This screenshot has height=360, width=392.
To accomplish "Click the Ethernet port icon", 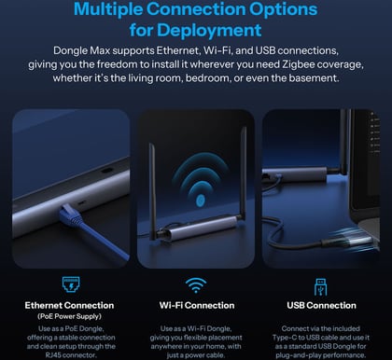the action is tap(71, 284).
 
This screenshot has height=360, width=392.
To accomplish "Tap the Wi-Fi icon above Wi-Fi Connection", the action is tap(196, 285).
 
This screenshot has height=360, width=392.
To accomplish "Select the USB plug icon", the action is tap(321, 286).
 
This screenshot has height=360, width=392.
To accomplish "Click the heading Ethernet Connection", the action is tap(69, 305).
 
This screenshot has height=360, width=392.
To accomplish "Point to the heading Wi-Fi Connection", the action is tap(197, 305).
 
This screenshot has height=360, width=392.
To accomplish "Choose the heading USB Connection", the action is tap(321, 305).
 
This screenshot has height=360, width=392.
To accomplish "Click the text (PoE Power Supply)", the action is tap(69, 316).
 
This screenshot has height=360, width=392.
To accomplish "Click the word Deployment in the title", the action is tap(209, 31).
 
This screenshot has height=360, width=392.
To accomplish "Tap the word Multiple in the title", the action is tap(107, 9).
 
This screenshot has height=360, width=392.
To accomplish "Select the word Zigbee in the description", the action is tap(299, 64).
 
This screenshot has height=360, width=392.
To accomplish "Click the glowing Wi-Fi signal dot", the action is tap(201, 201).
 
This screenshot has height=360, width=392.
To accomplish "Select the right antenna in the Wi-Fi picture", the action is tap(243, 173).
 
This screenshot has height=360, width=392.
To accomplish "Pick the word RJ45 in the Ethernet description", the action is tap(53, 354).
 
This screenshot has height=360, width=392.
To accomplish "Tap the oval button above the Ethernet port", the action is tap(106, 171).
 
